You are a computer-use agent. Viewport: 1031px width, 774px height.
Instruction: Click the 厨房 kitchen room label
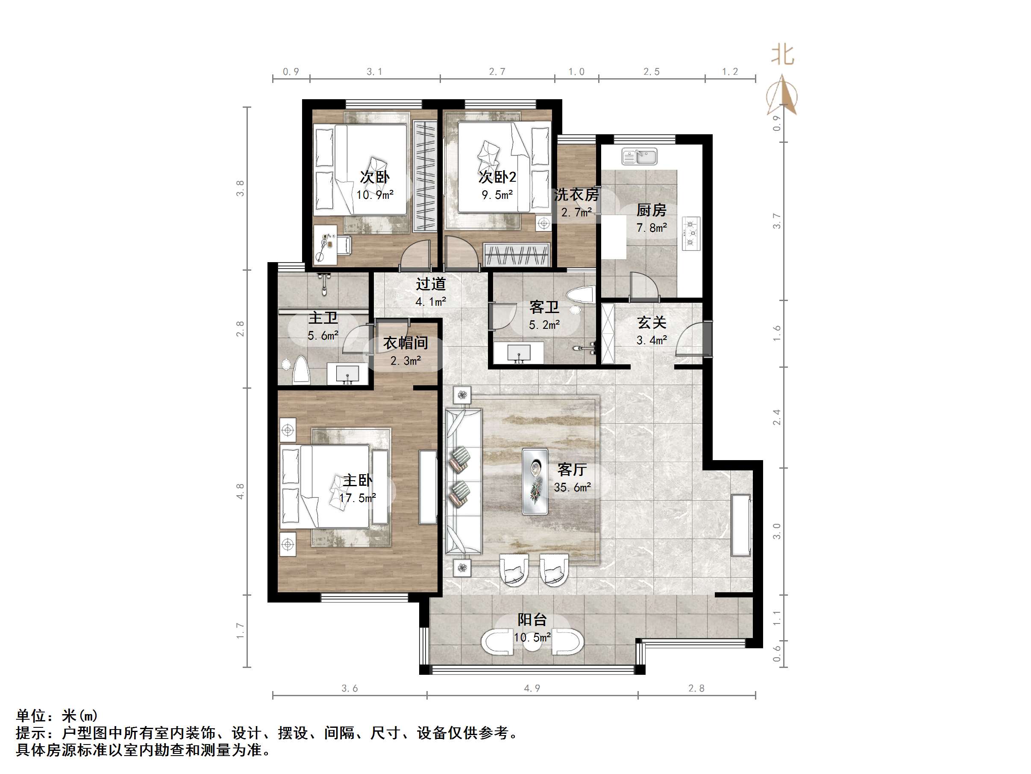(651, 210)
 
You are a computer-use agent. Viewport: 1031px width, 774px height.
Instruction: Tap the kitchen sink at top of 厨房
(639, 156)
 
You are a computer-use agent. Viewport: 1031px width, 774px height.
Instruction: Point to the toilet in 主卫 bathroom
(301, 370)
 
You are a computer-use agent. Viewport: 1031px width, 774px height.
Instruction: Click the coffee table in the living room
(535, 481)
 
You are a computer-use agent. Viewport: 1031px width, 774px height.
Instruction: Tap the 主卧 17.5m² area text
(358, 498)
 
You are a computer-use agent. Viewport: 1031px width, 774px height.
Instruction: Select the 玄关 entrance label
(652, 322)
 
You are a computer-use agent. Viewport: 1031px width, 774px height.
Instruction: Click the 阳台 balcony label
(532, 620)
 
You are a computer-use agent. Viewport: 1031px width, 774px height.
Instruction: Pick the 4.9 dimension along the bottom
(532, 688)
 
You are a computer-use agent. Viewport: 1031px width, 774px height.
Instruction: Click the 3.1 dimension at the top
(374, 72)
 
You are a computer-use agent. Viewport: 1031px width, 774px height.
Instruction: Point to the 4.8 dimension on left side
(241, 491)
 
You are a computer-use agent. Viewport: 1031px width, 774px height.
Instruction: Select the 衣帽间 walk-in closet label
(405, 343)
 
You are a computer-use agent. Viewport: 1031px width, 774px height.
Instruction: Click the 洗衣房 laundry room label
(576, 195)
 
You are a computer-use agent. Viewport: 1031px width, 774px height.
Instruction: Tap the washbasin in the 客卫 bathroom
(519, 352)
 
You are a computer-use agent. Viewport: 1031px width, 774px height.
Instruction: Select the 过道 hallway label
(431, 284)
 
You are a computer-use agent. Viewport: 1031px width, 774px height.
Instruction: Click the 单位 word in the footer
(31, 715)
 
